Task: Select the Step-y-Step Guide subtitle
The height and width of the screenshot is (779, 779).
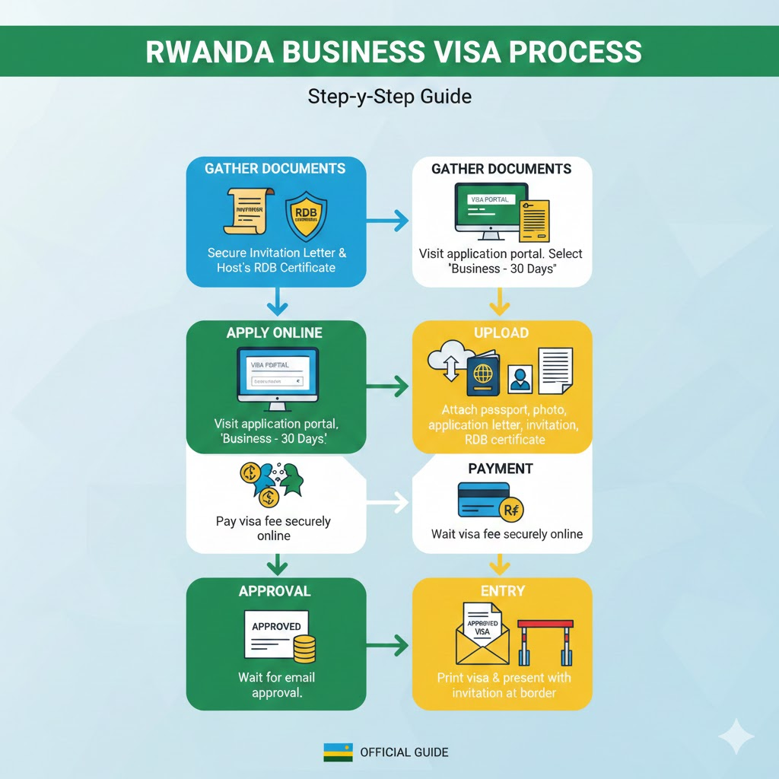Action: pos(389,97)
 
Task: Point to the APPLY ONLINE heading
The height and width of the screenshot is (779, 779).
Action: pos(275,332)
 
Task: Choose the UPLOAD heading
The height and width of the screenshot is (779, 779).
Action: pos(502,332)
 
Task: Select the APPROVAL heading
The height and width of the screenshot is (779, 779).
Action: pos(275,591)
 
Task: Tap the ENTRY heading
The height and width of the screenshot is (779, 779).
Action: pos(502,591)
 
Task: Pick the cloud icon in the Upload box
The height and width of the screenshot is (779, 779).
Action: pos(447,364)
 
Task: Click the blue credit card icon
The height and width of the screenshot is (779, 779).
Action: pos(484,501)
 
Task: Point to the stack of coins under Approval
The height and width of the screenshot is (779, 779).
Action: pos(304,648)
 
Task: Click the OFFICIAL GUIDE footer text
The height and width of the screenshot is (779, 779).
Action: pos(404,752)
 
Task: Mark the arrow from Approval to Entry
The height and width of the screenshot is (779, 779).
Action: pos(388,646)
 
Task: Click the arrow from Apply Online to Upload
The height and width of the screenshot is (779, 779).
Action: pos(388,387)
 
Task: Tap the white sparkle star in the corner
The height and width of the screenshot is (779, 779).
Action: pos(736,736)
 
